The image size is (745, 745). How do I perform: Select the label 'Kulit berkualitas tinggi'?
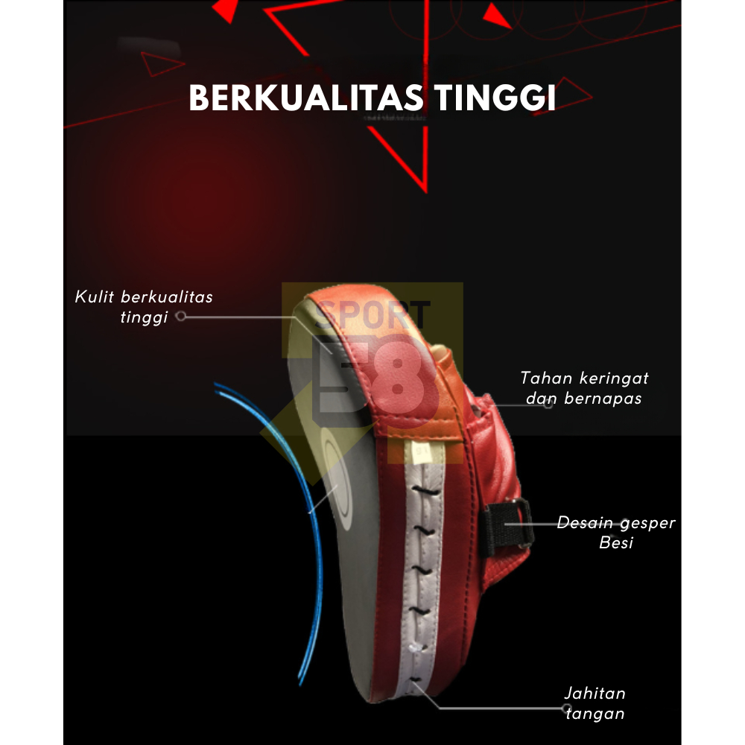pyautogui.click(x=144, y=307)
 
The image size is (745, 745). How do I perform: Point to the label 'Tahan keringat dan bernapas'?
pyautogui.click(x=584, y=388)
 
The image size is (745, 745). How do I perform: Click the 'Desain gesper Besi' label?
pyautogui.click(x=616, y=532)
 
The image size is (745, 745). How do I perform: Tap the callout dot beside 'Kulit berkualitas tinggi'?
pyautogui.click(x=180, y=317)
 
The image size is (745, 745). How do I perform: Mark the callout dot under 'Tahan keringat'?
pyautogui.click(x=548, y=404)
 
